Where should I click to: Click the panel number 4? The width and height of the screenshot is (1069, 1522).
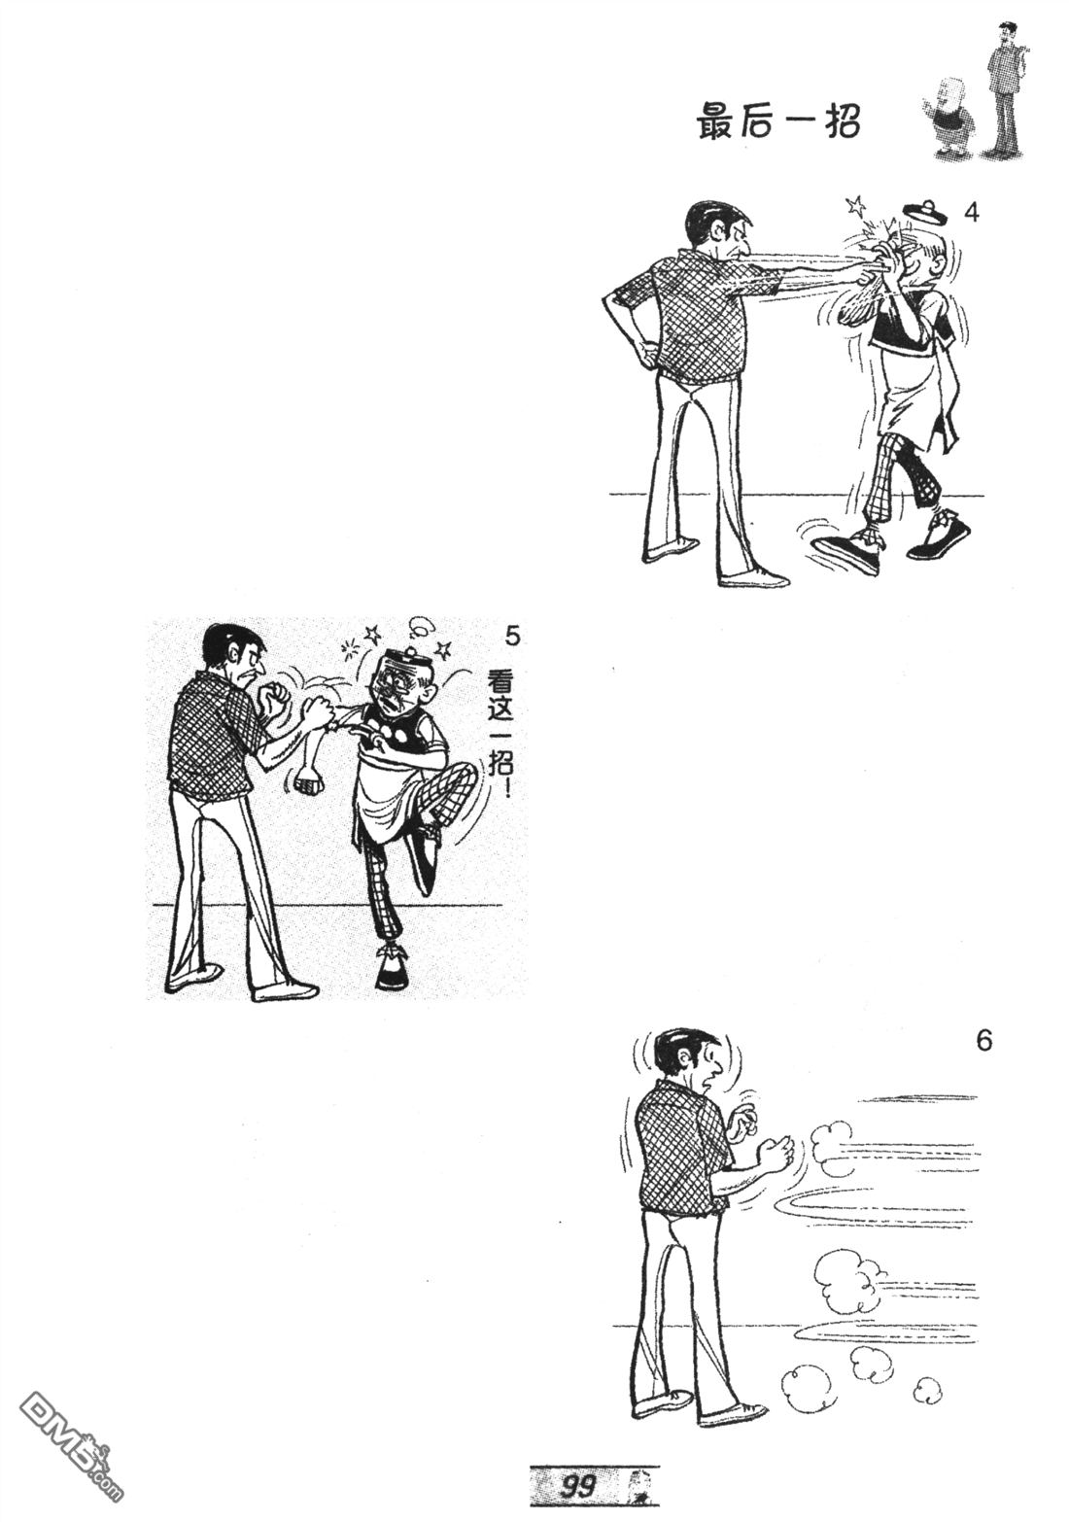[972, 213]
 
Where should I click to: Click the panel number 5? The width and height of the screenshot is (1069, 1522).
[512, 638]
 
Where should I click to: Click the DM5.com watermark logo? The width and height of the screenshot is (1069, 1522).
[68, 1465]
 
